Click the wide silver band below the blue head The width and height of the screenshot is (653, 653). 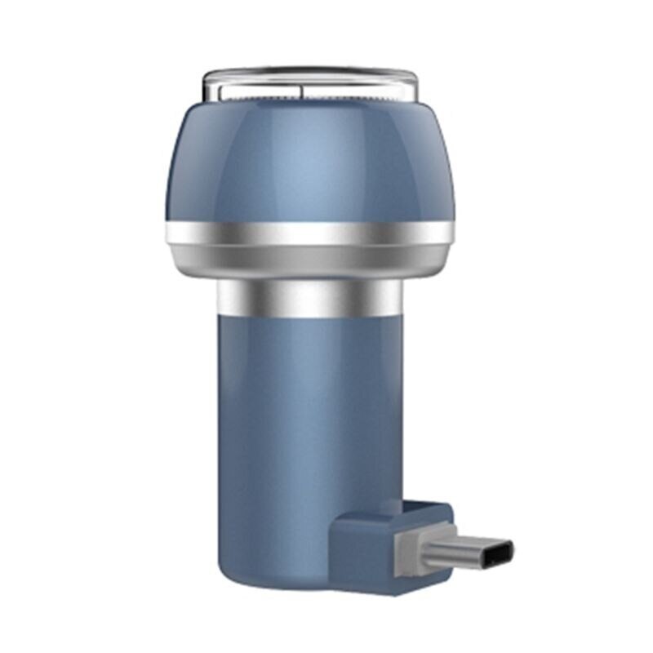[x=310, y=234]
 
